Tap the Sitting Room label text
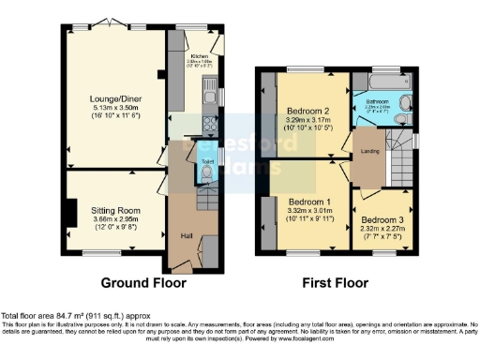point(115,212)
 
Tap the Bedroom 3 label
point(379,221)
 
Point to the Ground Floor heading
point(143,282)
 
